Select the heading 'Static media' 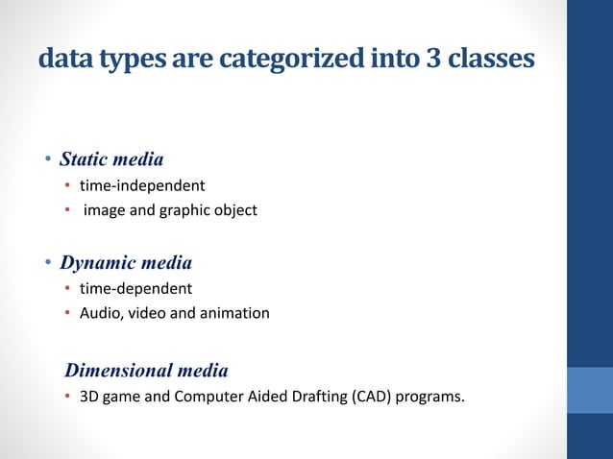(111, 158)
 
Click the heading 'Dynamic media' (126, 262)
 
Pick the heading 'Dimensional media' (146, 370)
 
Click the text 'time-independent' (141, 184)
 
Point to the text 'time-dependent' (135, 288)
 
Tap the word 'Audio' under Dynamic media (98, 313)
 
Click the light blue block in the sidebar (590, 389)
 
